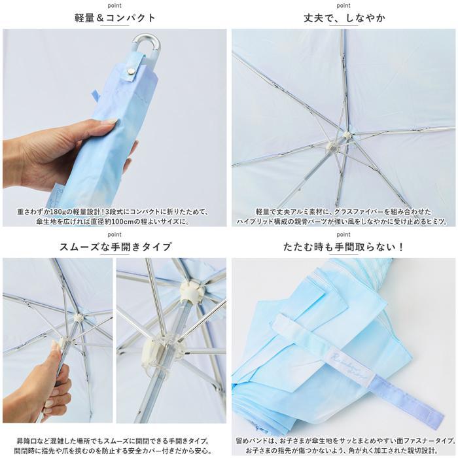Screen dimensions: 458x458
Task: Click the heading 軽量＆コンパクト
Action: pos(114,18)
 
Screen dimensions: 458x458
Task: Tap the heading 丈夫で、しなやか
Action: pos(344,18)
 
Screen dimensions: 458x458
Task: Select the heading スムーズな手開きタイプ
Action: pos(115,247)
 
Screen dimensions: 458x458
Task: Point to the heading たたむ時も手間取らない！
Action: pos(343,247)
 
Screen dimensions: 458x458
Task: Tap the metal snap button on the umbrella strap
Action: pos(130,71)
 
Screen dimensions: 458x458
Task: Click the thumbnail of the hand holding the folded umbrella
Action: pos(114,128)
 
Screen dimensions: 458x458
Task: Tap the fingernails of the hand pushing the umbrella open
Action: pos(55,346)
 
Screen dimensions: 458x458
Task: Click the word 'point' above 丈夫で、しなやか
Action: pos(343,5)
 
